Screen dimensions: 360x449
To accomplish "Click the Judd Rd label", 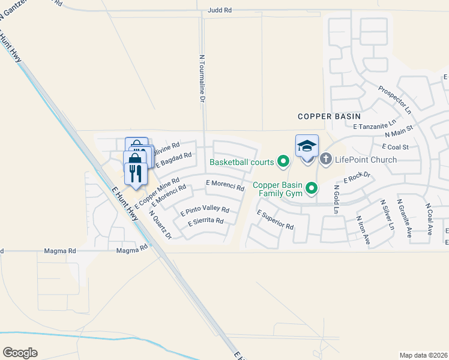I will tap(219, 11).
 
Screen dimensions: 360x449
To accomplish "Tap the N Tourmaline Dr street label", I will tap(202, 78).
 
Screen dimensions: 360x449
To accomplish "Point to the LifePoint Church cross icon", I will tap(326, 159).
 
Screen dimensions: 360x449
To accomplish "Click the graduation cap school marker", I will tap(307, 146).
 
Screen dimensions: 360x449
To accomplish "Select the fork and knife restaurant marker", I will tap(135, 174).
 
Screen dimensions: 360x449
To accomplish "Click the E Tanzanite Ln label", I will tap(372, 127).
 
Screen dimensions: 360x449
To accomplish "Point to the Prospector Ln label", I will tap(394, 100).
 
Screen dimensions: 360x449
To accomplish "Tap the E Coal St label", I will tap(394, 146).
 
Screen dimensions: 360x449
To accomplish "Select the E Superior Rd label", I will tap(275, 220).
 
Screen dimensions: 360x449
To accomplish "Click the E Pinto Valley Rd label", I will tap(205, 210).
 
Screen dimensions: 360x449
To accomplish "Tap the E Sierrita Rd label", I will tap(205, 221).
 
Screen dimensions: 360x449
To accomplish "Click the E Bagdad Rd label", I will tap(173, 159).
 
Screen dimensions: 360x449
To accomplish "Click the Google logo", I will tap(20, 353).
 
